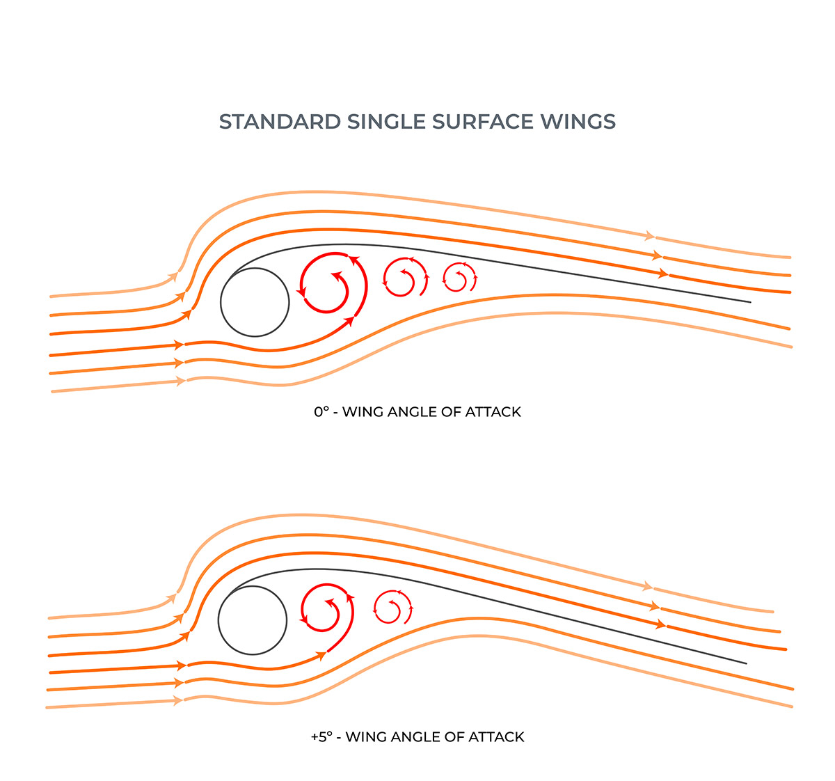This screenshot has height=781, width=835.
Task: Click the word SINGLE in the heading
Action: click(386, 122)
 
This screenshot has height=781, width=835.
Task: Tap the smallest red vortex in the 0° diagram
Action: click(460, 278)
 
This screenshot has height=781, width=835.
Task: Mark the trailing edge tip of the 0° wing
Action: click(750, 302)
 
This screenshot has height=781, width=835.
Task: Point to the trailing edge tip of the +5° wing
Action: click(746, 663)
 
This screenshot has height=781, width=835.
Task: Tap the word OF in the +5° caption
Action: click(454, 736)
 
